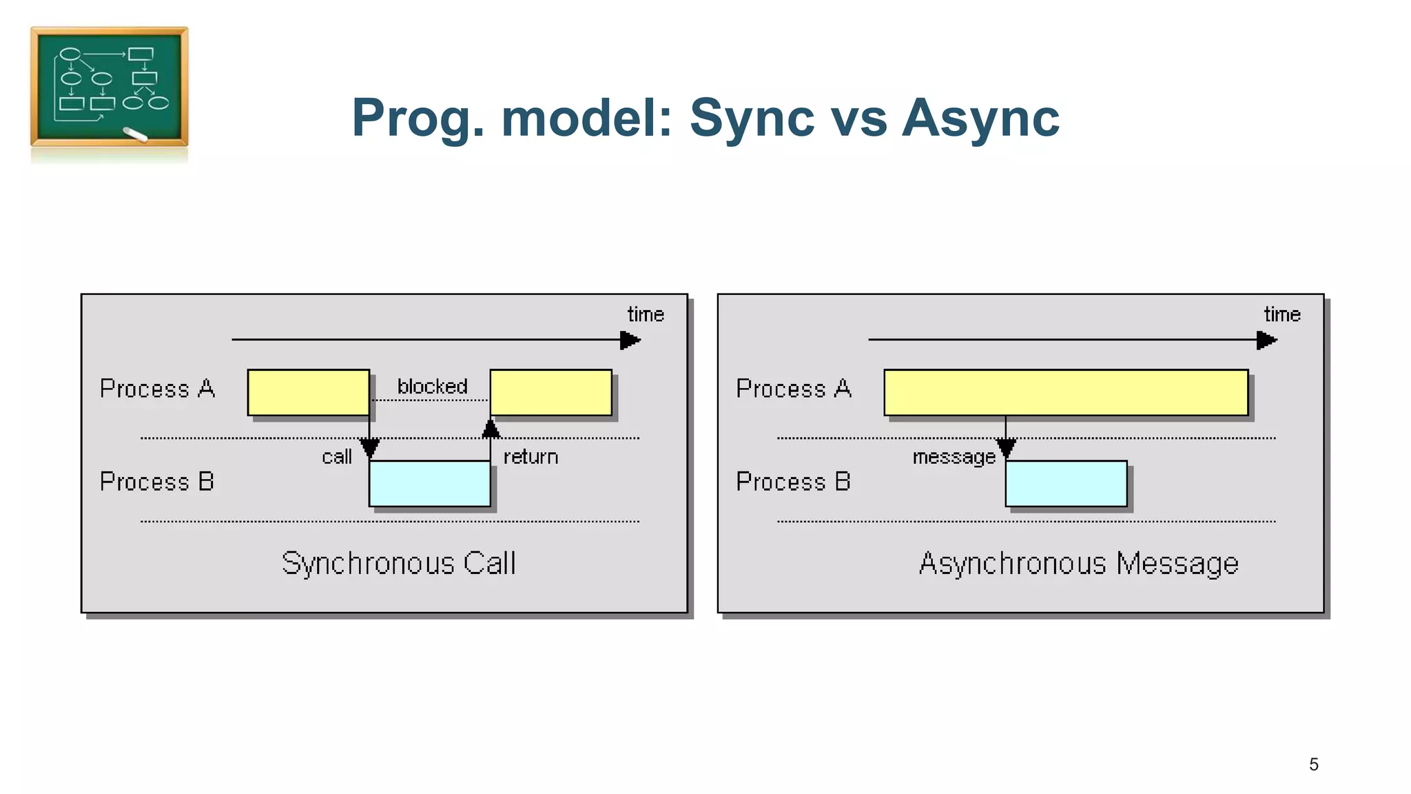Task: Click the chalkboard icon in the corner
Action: (x=109, y=87)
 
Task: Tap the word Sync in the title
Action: (x=752, y=117)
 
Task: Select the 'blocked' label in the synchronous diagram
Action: (x=432, y=387)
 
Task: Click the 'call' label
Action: (x=336, y=457)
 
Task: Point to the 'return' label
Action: (x=531, y=457)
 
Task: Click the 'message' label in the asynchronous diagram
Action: (x=954, y=457)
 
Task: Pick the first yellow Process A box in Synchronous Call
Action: (x=308, y=393)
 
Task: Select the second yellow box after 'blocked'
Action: (x=550, y=393)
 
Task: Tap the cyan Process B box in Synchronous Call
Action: (x=429, y=483)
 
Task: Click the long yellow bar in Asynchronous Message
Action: (x=1065, y=393)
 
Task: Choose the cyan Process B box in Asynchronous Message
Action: (x=1065, y=483)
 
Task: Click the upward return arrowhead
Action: (x=491, y=429)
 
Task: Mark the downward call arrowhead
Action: (x=369, y=449)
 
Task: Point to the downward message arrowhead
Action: (x=1006, y=449)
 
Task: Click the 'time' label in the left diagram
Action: (x=645, y=315)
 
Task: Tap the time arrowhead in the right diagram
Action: (x=1266, y=340)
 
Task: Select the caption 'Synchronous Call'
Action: (x=398, y=563)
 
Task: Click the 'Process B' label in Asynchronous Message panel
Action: (x=793, y=481)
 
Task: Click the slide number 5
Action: (x=1313, y=764)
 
